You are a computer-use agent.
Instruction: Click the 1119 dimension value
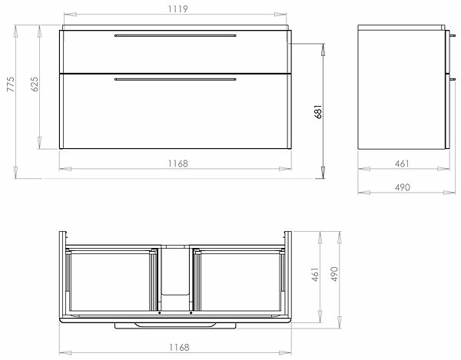[x=178, y=9]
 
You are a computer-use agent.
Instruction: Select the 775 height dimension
[x=11, y=84]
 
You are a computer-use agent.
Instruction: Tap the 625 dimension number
[x=35, y=84]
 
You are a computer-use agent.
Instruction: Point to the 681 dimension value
[x=318, y=111]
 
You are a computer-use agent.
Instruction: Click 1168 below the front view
[x=178, y=163]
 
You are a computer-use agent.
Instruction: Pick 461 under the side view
[x=402, y=163]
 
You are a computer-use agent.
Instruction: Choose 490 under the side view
[x=403, y=187]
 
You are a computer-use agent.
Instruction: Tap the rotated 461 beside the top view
[x=315, y=274]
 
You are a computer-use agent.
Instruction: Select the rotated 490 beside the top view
[x=334, y=274]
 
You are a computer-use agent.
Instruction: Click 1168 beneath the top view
[x=179, y=348]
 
